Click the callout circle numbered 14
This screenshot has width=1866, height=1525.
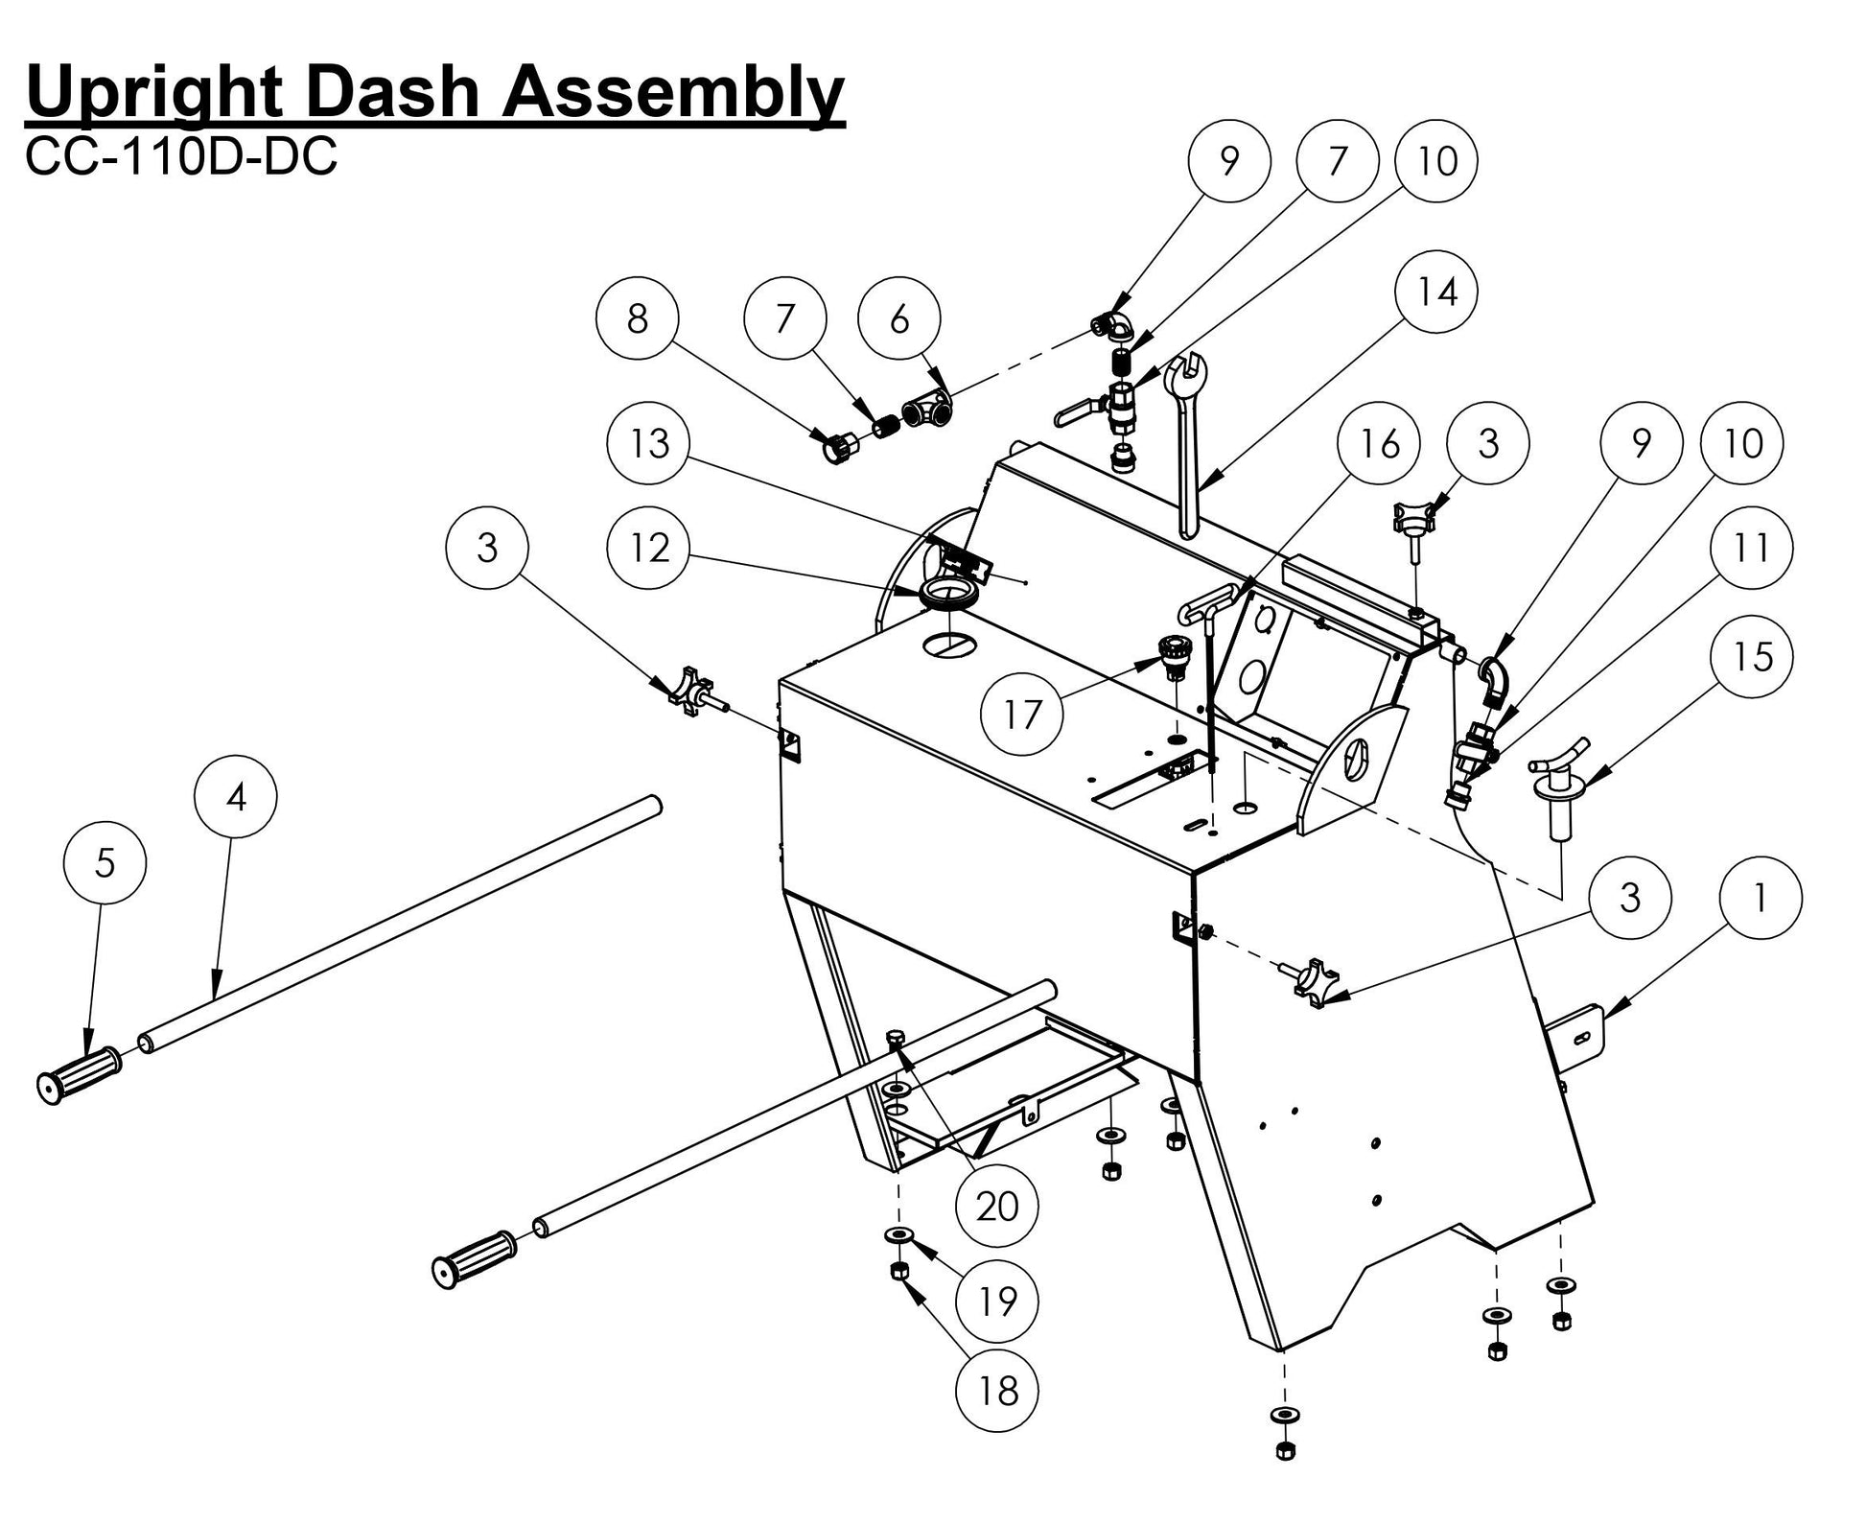pos(1435,292)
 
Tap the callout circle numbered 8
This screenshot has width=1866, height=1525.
pos(637,318)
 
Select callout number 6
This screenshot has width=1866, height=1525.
pos(898,318)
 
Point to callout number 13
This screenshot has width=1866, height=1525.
pos(649,443)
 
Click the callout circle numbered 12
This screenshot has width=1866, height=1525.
pos(649,548)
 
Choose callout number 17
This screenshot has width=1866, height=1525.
pos(1022,714)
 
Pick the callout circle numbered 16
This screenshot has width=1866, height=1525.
pos(1379,443)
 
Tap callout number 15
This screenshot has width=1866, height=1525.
pos(1752,657)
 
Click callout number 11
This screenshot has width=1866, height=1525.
pos(1752,548)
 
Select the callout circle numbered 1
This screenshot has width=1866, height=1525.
pos(1760,898)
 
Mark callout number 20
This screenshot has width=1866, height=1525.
pos(997,1206)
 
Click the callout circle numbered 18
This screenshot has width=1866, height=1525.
pos(997,1390)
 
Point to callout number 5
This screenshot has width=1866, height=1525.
pos(105,863)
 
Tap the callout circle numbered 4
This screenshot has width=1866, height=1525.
pos(236,796)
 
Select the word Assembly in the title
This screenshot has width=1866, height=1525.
pos(675,93)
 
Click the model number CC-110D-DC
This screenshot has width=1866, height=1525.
pos(181,157)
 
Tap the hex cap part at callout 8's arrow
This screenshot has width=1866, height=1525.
pos(839,447)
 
